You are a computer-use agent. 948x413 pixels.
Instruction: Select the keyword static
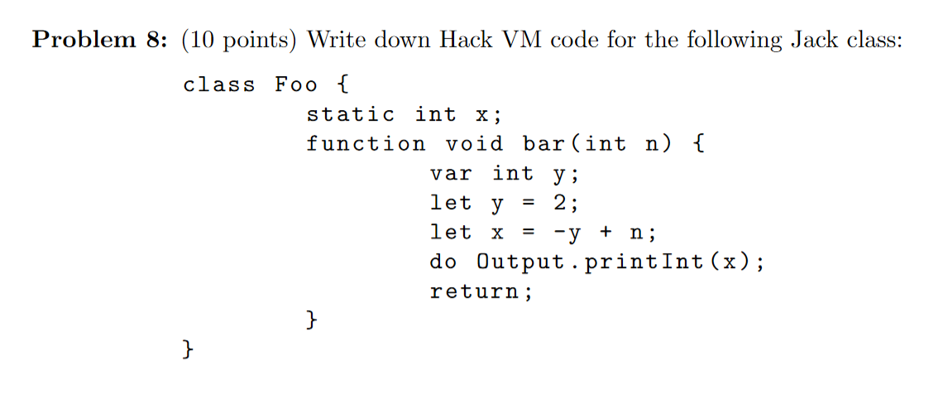point(351,114)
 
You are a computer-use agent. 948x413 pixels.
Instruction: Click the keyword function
point(366,144)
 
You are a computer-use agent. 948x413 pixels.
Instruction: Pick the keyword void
point(474,144)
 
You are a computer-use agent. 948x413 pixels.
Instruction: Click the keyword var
point(451,174)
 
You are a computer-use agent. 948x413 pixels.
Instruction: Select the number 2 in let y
point(559,203)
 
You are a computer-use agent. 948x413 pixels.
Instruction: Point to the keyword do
point(443,262)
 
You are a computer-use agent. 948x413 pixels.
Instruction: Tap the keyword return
point(476,291)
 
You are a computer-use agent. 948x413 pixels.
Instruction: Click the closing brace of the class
point(189,350)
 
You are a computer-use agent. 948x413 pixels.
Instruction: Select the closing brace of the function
point(312,320)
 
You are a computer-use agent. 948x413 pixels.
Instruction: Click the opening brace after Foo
point(342,84)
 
